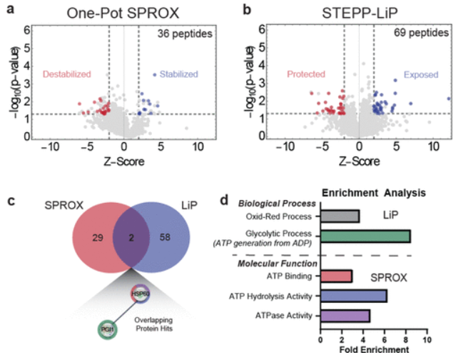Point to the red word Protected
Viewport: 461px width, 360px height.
point(305,74)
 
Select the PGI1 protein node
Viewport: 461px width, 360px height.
point(108,330)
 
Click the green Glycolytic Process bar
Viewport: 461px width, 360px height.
point(365,236)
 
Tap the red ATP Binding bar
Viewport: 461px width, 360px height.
point(336,276)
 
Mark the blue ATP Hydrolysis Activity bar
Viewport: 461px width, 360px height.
point(353,296)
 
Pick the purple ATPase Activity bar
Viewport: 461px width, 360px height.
point(345,316)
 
